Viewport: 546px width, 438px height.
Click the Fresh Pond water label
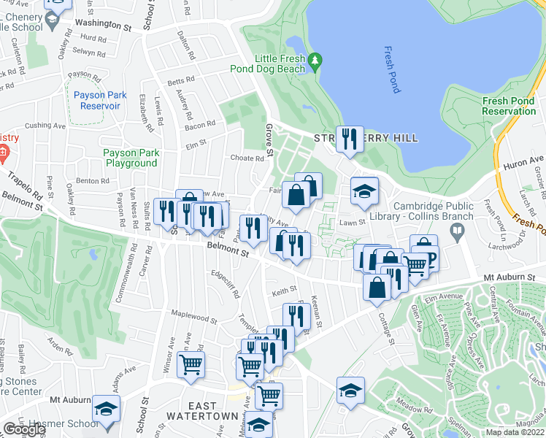[x=391, y=70]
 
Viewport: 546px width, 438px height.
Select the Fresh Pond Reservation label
[x=509, y=107]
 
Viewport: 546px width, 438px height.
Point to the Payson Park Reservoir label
[x=101, y=100]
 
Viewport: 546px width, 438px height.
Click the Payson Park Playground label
[x=130, y=158]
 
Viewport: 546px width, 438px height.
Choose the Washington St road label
[x=106, y=24]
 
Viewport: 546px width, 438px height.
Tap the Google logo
[x=23, y=429]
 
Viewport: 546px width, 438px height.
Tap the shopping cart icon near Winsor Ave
[x=191, y=364]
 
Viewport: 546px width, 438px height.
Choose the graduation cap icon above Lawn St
[x=364, y=191]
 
